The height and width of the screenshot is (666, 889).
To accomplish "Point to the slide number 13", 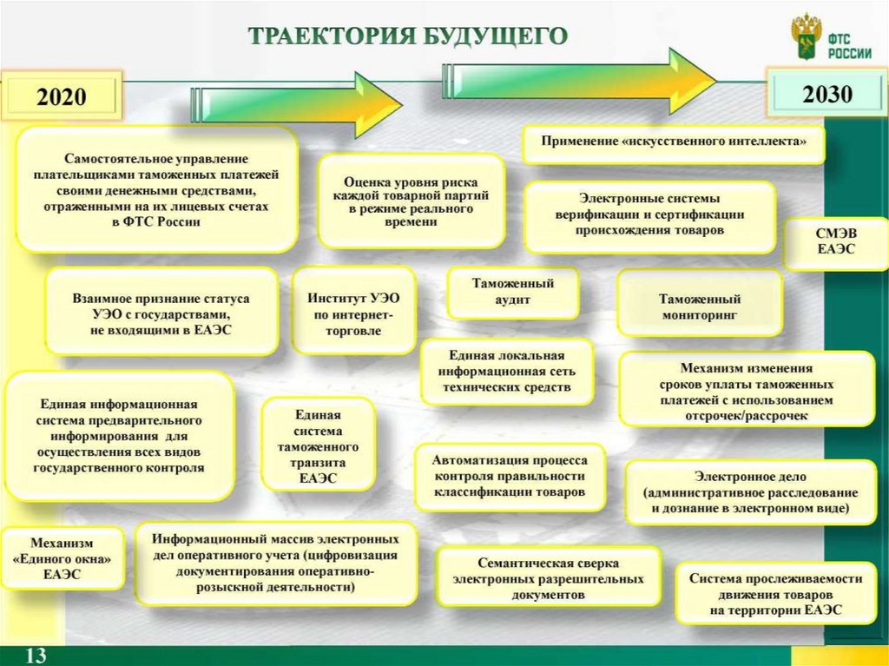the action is (x=36, y=655).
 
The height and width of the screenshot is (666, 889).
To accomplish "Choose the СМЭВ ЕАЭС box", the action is (x=835, y=242).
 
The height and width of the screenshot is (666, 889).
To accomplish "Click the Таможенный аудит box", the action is (x=512, y=292).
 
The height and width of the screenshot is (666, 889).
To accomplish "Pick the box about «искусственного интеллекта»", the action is (x=674, y=141).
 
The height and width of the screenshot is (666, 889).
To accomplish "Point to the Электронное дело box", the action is (x=750, y=492).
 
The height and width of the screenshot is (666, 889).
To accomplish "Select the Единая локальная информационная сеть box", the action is (x=507, y=372).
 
